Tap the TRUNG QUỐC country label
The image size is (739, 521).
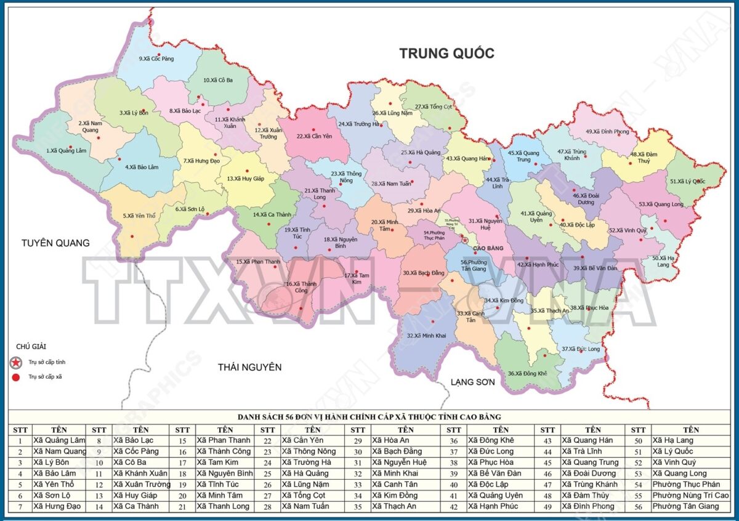[x=446, y=53]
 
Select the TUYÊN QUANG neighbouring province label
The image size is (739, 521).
[x=55, y=243]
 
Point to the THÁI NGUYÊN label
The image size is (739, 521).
[x=249, y=367]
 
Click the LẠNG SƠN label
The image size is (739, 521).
[x=472, y=382]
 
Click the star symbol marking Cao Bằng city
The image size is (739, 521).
[x=465, y=240]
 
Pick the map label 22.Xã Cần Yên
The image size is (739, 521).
[x=314, y=136]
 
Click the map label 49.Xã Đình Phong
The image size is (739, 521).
[x=607, y=131]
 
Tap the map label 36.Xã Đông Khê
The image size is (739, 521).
[x=527, y=373]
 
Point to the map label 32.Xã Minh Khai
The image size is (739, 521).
[x=427, y=336]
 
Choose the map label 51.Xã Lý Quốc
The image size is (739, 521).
[x=687, y=181]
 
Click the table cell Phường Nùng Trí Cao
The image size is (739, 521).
[x=690, y=495]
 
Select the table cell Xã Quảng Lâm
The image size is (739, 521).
[x=59, y=440]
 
